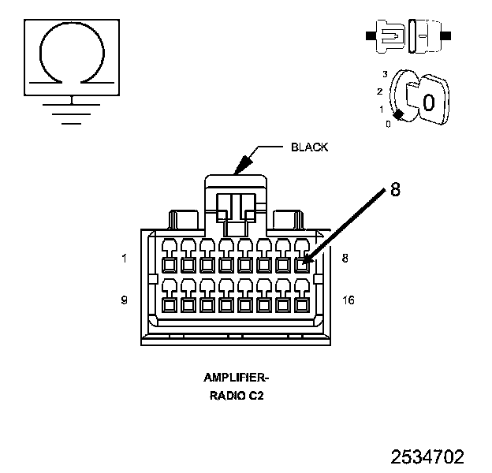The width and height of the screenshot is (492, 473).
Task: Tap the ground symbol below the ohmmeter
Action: point(71,110)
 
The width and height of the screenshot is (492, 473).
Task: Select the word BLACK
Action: point(310,147)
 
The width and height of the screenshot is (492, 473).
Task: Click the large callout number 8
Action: point(395,189)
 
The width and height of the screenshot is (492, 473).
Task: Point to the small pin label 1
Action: point(125,259)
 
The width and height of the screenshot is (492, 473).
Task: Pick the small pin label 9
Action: point(125,300)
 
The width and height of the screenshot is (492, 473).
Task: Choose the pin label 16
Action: point(348,300)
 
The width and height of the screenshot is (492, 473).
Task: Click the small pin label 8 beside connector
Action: point(345,258)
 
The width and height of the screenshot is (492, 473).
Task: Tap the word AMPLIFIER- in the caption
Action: point(236,378)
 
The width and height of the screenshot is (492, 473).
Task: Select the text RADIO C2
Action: point(237,396)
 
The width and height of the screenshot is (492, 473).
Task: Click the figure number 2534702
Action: point(427,456)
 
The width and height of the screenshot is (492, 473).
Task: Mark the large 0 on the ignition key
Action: point(429,102)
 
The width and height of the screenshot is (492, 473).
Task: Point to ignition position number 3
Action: point(385,74)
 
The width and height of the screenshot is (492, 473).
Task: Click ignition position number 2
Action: point(380,91)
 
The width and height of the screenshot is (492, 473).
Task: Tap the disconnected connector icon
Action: point(408,36)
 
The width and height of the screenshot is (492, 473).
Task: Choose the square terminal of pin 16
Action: point(302,305)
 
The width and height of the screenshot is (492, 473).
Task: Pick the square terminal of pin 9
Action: point(170,305)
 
